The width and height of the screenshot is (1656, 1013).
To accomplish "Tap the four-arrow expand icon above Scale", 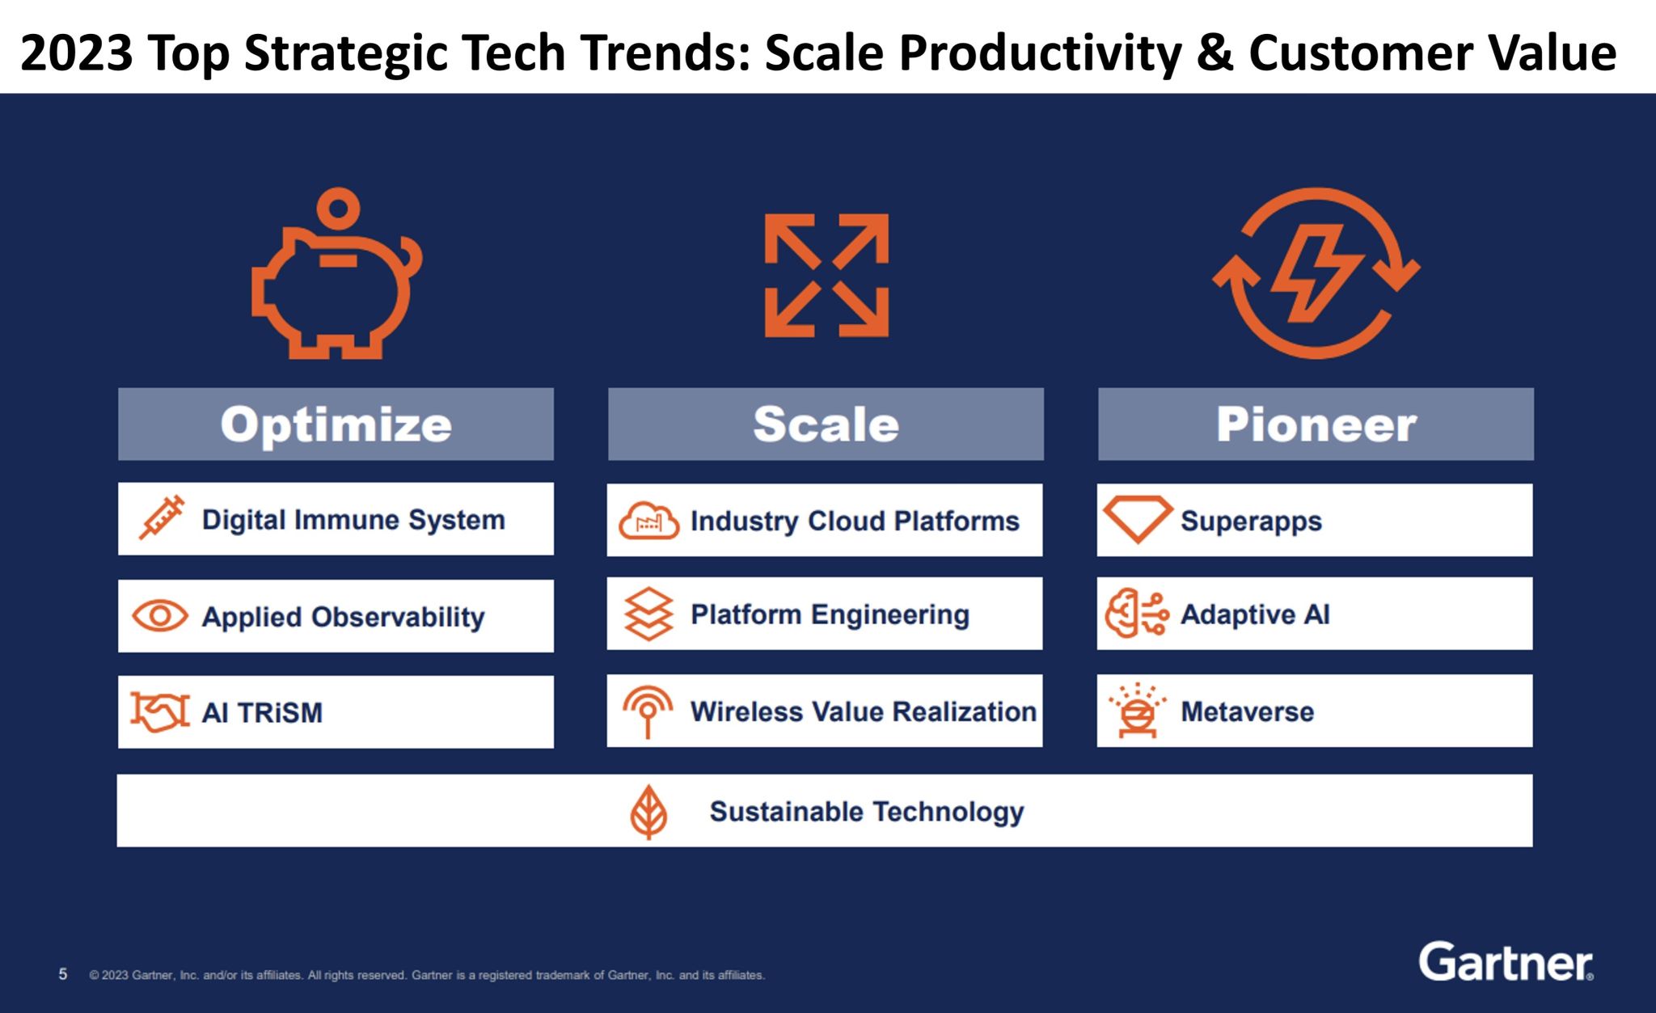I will pos(826,275).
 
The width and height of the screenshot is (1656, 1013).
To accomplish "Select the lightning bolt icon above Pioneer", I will pos(1316,273).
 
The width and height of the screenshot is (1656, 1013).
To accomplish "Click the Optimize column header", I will pos(336,424).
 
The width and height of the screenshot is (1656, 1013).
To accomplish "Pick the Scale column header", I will pos(826,424).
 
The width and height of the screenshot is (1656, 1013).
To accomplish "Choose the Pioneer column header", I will pos(1316,424).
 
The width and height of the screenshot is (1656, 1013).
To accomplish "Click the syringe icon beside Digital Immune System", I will pos(161,518).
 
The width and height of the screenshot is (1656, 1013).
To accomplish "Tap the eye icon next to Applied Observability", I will pos(160,616).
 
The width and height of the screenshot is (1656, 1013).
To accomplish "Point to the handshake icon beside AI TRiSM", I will pos(160,712).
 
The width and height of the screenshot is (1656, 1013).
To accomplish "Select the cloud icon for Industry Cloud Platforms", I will pos(648,521).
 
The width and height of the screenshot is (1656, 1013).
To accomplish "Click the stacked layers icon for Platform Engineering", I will pos(648,614).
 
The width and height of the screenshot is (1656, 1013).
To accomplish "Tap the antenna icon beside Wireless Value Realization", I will pos(648,710).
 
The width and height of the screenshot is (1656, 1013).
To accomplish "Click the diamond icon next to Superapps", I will pos(1138,518).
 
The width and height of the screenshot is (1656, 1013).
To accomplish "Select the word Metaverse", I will pos(1247,711).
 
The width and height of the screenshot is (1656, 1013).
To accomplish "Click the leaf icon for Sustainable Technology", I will pos(648,812).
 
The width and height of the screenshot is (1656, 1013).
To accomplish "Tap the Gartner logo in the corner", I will pos(1505,962).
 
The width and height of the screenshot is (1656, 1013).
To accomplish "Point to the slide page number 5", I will pos(63,974).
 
